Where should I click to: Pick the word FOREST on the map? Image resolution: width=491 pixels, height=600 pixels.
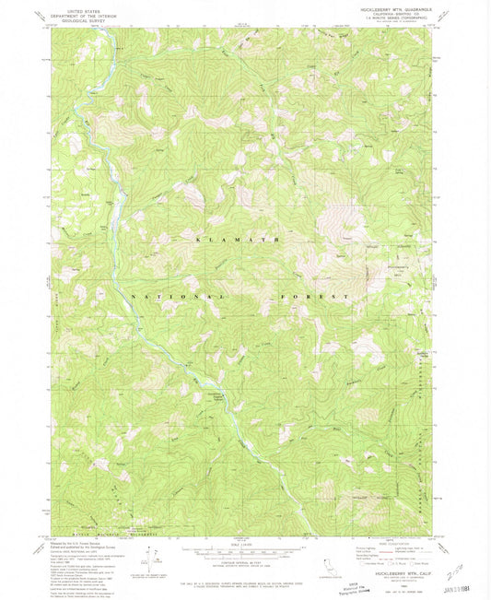315,297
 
